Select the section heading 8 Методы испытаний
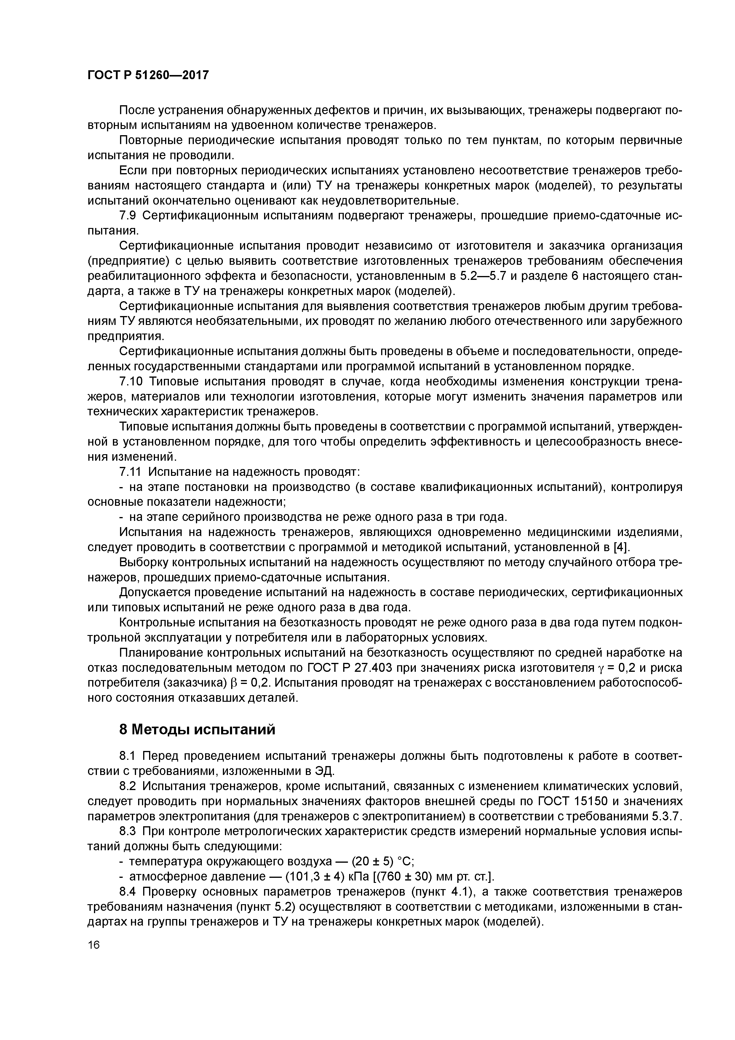click(197, 730)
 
